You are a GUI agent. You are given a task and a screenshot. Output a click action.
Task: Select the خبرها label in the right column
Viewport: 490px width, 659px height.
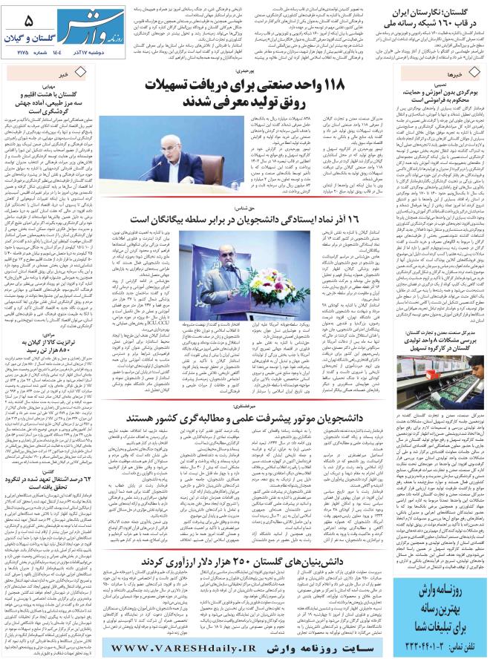coord(465,75)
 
